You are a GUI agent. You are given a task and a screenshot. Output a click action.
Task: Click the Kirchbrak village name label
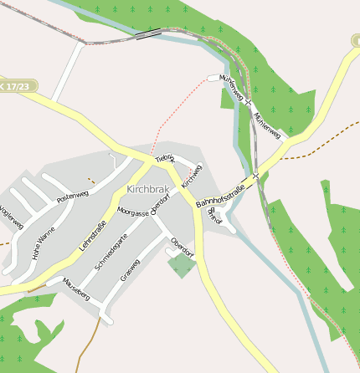pos(150,190)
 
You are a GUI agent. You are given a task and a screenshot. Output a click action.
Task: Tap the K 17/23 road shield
pos(17,86)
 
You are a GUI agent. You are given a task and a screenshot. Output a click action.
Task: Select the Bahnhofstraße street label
pos(221,192)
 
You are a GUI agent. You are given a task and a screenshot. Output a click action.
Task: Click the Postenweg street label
pos(72,197)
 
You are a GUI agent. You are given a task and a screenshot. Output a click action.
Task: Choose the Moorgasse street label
pos(133,213)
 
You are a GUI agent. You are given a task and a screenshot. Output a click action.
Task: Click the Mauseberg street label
pos(76,290)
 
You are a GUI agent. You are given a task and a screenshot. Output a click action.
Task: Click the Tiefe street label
pos(165,158)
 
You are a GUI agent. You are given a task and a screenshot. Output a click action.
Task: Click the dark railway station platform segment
pos(148,35)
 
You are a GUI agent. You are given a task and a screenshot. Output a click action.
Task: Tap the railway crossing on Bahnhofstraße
pos(255,176)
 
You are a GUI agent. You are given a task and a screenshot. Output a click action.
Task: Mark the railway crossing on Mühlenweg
pos(248,102)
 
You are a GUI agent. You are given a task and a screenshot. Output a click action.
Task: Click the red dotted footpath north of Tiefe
pos(172,113)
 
